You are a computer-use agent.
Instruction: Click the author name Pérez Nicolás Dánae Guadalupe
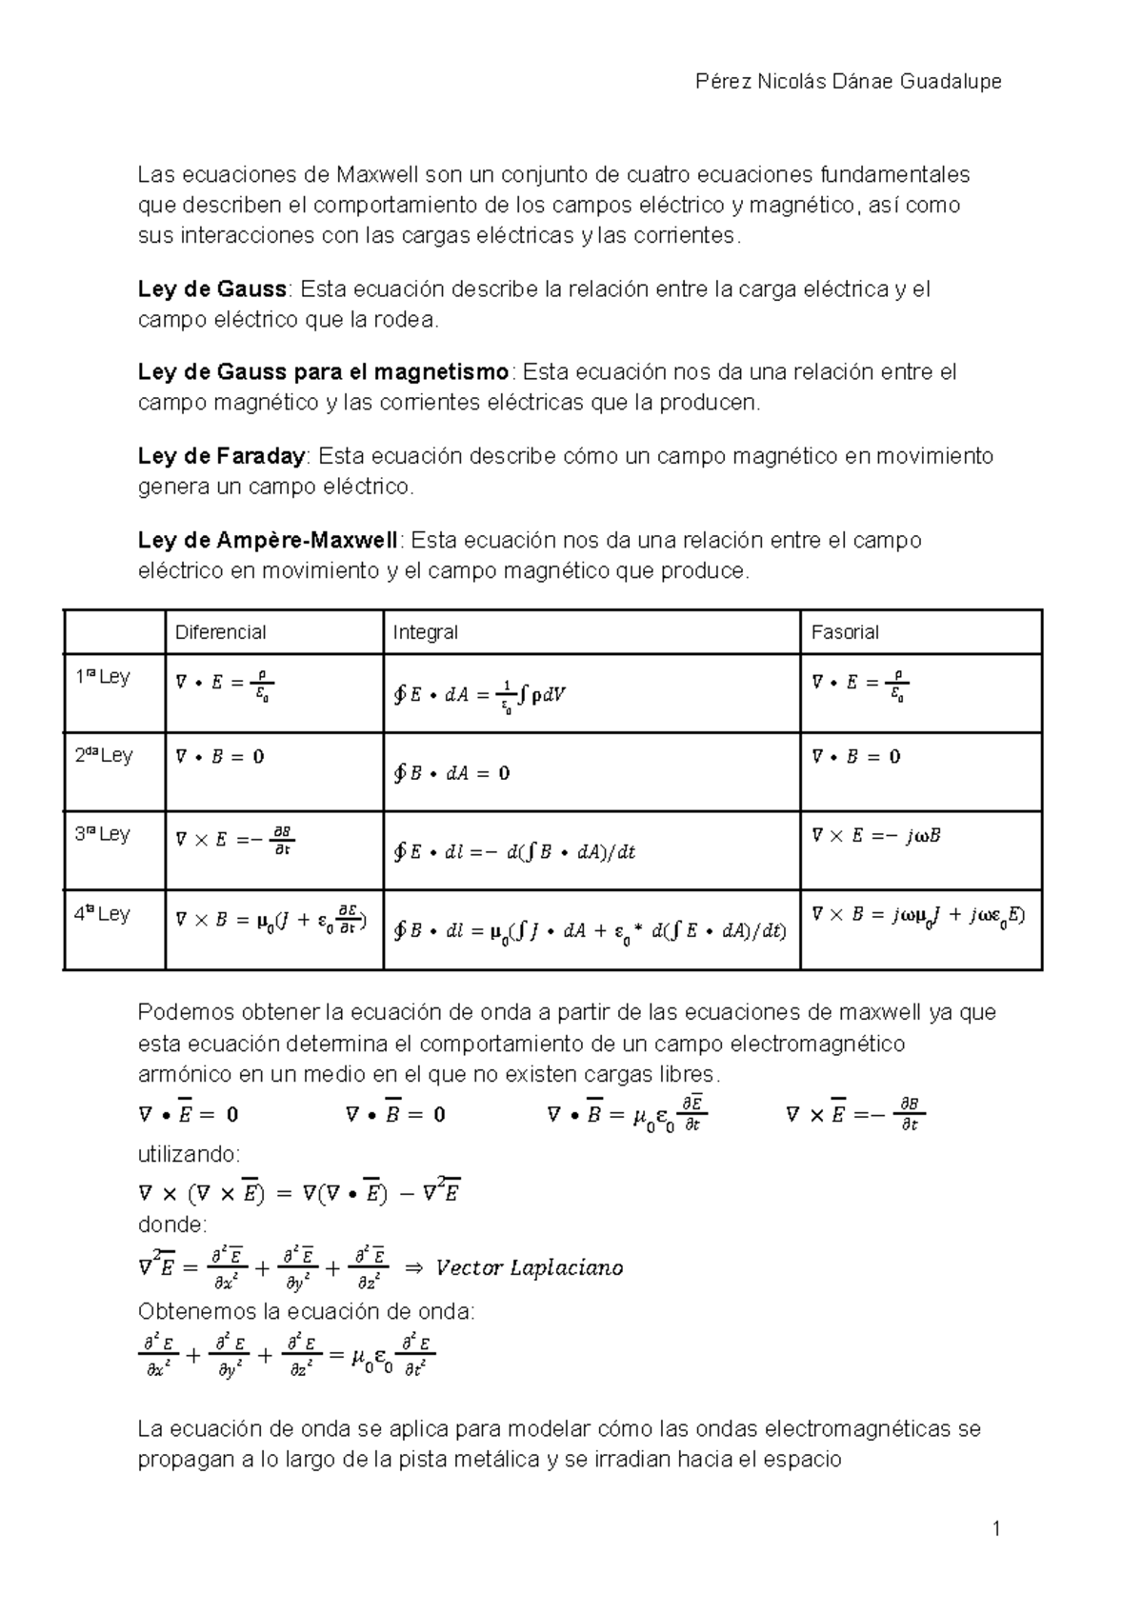pos(849,82)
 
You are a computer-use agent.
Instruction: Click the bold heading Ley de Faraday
pos(221,456)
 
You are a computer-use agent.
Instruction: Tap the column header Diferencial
pos(220,632)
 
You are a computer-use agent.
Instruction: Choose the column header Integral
pos(425,632)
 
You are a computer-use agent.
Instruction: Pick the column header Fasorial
pos(844,632)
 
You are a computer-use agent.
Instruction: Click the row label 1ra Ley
pos(102,678)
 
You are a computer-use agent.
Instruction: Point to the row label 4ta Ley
pos(102,915)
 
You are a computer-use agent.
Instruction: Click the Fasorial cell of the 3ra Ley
pos(875,836)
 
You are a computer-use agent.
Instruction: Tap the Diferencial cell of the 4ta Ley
pos(271,921)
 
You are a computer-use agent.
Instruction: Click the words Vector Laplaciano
pos(529,1267)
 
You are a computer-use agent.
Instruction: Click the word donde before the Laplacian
pos(171,1224)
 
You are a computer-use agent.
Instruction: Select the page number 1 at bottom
pos(996,1530)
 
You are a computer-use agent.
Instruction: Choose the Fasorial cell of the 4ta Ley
pos(917,915)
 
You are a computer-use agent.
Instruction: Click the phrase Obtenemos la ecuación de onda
pos(305,1311)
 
